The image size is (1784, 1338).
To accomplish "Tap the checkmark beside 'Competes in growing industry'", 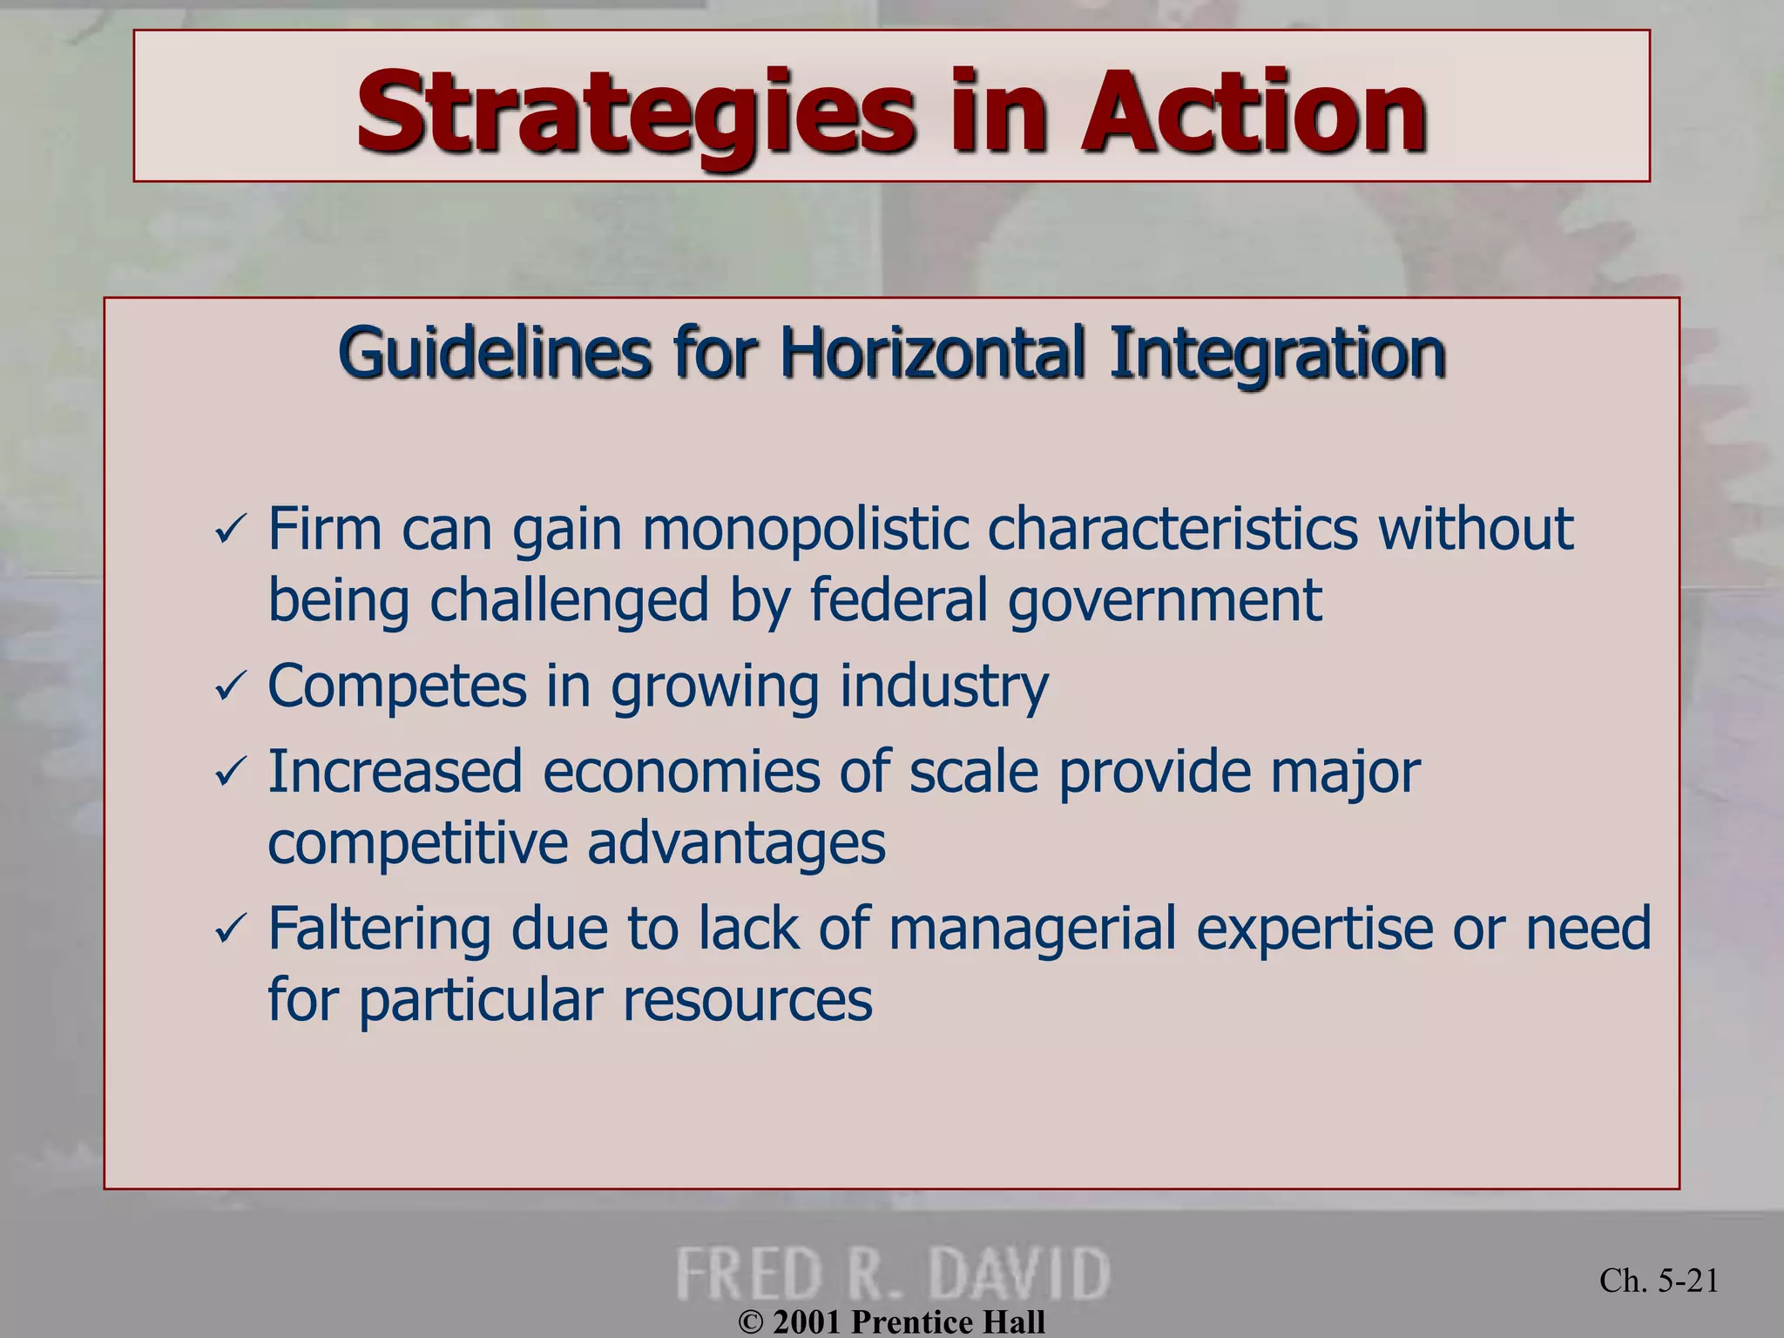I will [230, 687].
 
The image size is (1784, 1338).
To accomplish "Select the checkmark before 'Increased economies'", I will [230, 772].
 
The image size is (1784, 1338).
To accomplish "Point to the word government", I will [1165, 601].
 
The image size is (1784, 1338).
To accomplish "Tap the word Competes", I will [397, 686].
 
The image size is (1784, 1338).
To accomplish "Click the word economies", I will [681, 772].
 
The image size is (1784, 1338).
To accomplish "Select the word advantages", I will [736, 843].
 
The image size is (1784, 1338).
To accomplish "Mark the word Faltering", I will [379, 928].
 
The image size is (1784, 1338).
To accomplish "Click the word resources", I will [747, 999].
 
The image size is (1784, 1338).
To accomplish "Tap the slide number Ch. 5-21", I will [1659, 1281].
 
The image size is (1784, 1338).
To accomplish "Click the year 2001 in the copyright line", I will [808, 1321].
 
